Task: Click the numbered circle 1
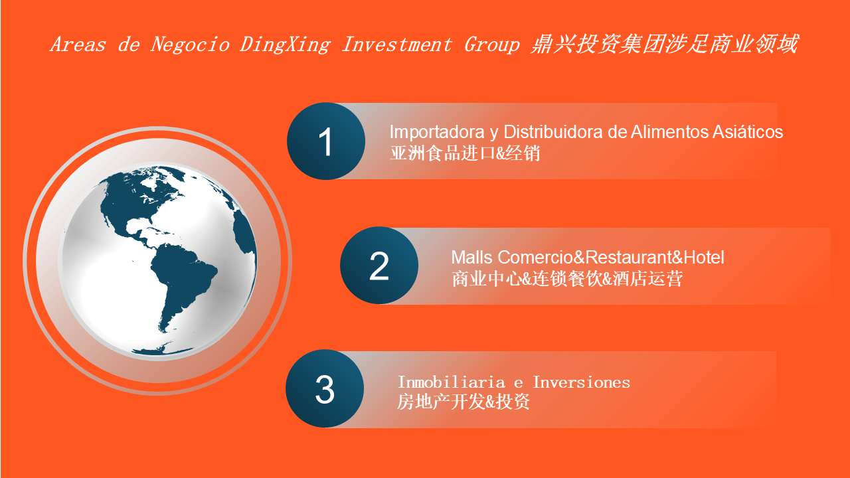pyautogui.click(x=326, y=141)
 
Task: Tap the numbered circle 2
pyautogui.click(x=379, y=266)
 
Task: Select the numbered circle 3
pyautogui.click(x=325, y=388)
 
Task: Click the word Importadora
pyautogui.click(x=437, y=132)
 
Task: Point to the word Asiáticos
pyautogui.click(x=748, y=131)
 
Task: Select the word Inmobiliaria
pyautogui.click(x=451, y=382)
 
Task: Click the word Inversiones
pyautogui.click(x=581, y=382)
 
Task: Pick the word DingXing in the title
pyautogui.click(x=285, y=44)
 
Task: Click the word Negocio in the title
pyautogui.click(x=190, y=44)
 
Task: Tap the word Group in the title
pyautogui.click(x=492, y=44)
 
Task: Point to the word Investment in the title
pyautogui.click(x=396, y=44)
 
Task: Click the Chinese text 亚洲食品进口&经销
pyautogui.click(x=465, y=153)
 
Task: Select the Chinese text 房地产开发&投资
pyautogui.click(x=463, y=402)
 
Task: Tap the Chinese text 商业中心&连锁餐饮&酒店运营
pyautogui.click(x=567, y=279)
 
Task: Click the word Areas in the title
pyautogui.click(x=78, y=44)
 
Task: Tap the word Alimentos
pyautogui.click(x=670, y=131)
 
